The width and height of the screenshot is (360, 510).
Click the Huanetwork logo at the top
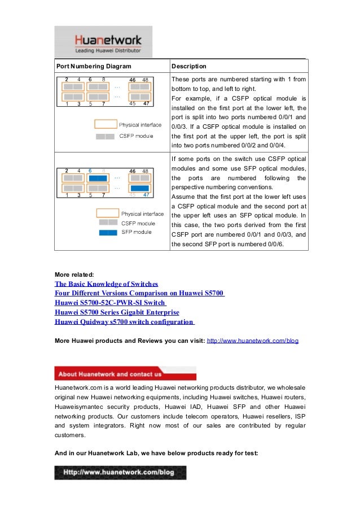point(103,42)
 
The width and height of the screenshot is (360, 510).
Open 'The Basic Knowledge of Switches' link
point(106,284)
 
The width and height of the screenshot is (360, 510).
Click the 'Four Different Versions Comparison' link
point(139,293)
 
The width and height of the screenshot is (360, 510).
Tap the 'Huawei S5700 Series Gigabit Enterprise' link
point(117,312)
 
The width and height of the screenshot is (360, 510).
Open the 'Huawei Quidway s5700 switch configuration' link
point(124,322)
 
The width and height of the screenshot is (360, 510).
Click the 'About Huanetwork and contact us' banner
point(125,373)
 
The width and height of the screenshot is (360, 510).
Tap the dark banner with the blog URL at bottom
point(120,472)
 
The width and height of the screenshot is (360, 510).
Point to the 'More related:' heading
point(74,274)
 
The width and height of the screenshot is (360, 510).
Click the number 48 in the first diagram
point(146,80)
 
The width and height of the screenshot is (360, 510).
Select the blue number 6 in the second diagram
point(90,170)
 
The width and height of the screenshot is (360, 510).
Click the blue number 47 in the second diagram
point(146,195)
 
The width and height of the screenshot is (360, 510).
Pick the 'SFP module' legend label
point(137,232)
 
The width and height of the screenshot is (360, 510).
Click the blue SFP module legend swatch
point(108,232)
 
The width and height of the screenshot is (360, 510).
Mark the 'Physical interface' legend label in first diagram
point(140,125)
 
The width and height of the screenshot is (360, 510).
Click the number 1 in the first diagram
point(67,104)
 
